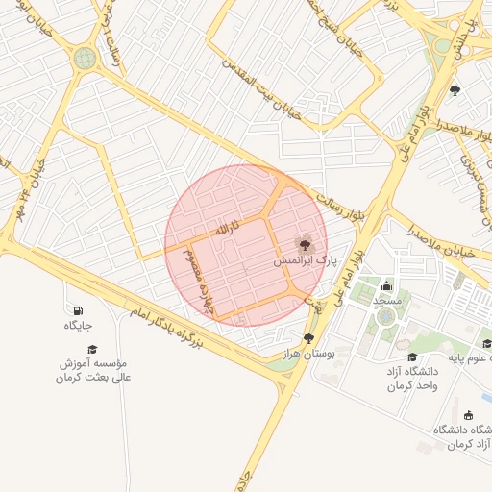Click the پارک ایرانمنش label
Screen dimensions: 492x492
[306, 260]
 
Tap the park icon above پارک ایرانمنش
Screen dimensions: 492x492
[306, 245]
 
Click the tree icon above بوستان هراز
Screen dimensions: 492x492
[308, 338]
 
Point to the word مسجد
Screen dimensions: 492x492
[386, 301]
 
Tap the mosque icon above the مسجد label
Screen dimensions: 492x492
[387, 285]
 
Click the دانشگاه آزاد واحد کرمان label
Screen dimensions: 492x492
[412, 378]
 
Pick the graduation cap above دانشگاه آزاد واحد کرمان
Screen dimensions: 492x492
[412, 357]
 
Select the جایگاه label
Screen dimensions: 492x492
[78, 326]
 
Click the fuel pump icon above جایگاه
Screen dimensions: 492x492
[77, 310]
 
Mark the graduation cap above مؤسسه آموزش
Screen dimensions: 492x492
[93, 348]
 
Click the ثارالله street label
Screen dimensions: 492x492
[225, 231]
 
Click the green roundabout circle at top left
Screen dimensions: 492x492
[86, 59]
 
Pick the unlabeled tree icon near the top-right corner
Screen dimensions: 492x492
[455, 91]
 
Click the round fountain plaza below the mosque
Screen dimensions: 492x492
[386, 315]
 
